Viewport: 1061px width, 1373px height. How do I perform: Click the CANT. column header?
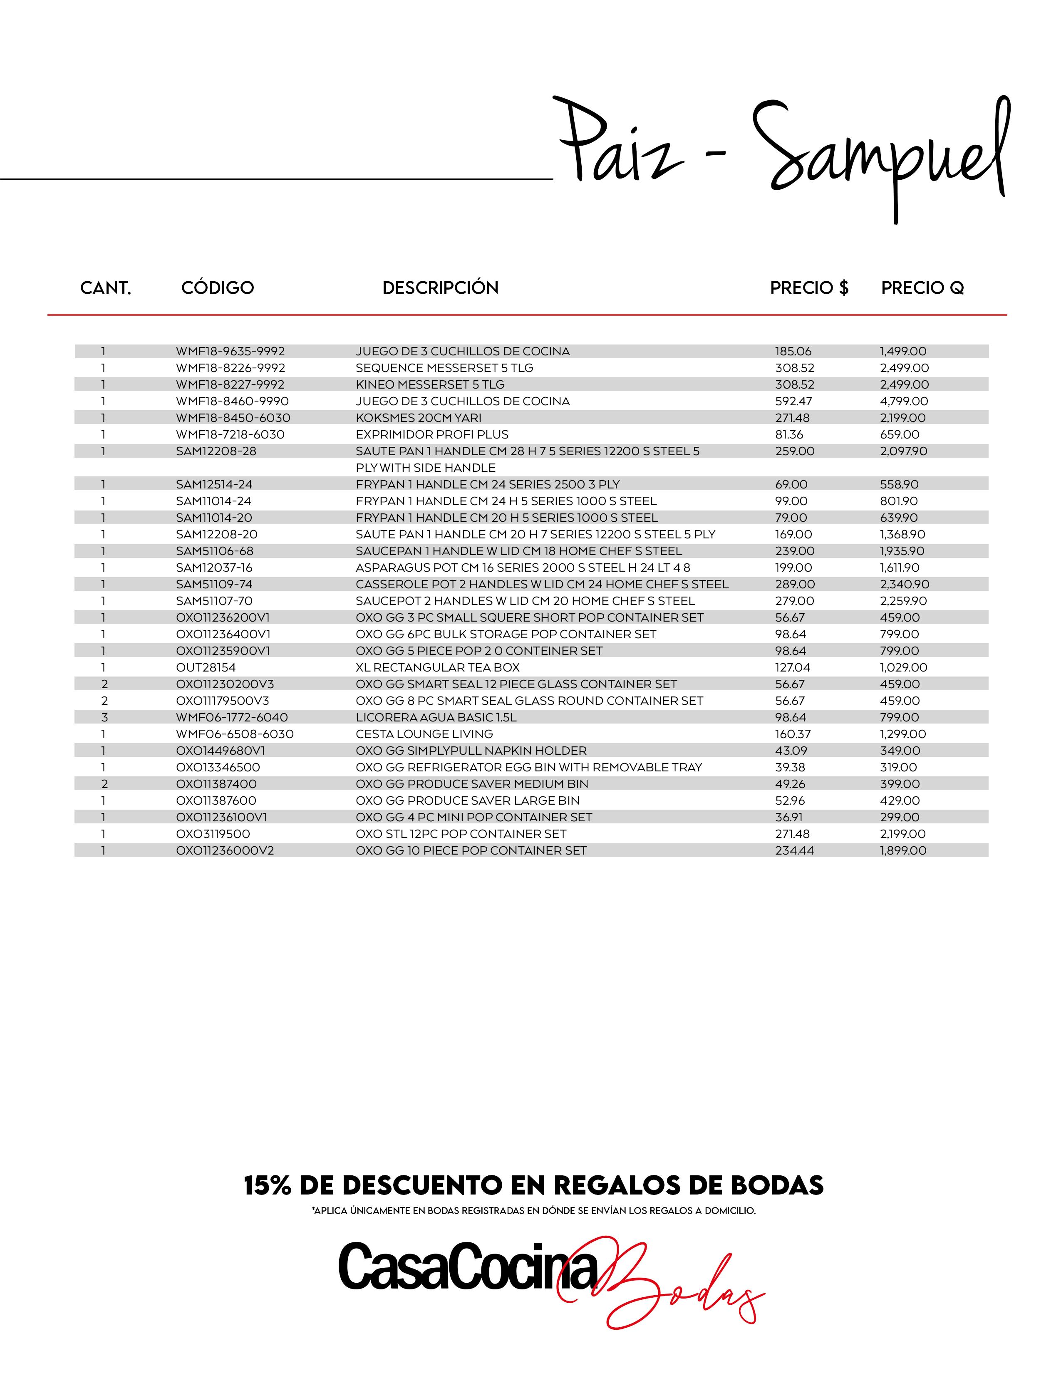pyautogui.click(x=106, y=288)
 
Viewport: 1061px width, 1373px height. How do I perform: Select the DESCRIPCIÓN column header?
pyautogui.click(x=440, y=288)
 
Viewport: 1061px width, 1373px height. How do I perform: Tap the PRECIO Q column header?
pyautogui.click(x=922, y=288)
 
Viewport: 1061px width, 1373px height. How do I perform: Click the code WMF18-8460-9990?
pyautogui.click(x=232, y=401)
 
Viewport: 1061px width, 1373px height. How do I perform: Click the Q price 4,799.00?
pyautogui.click(x=903, y=401)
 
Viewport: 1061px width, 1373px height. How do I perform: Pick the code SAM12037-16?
pyautogui.click(x=214, y=568)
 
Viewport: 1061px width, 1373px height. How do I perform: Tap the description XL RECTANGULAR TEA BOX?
pyautogui.click(x=437, y=668)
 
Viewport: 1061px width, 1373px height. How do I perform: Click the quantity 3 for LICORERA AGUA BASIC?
pyautogui.click(x=104, y=717)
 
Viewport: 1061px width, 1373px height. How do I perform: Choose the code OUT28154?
pyautogui.click(x=206, y=668)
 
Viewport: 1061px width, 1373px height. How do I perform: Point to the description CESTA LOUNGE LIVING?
pyautogui.click(x=424, y=734)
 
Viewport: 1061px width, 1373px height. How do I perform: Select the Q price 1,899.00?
pyautogui.click(x=902, y=850)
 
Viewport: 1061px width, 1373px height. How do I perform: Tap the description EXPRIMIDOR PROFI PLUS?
pyautogui.click(x=432, y=434)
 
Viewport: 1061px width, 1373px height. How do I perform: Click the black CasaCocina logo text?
pyautogui.click(x=468, y=1267)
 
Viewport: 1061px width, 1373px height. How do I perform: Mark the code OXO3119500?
pyautogui.click(x=213, y=834)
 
